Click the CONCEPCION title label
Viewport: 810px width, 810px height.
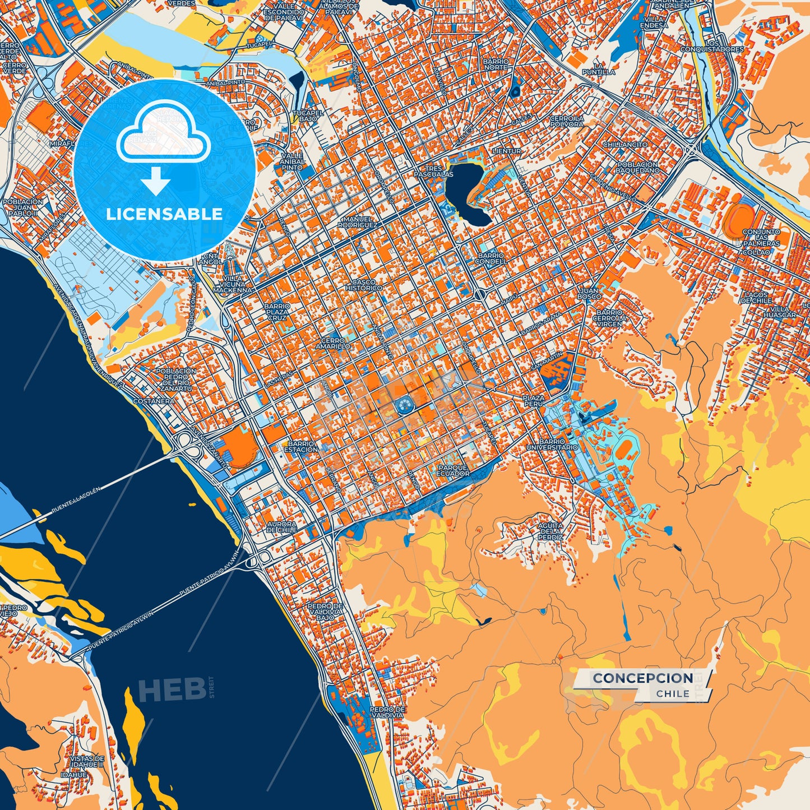[x=642, y=678]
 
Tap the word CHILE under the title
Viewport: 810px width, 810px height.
[x=673, y=693]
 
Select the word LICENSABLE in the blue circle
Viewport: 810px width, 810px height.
[x=165, y=214]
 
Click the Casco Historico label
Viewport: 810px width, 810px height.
[x=363, y=285]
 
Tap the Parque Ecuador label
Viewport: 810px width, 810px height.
[x=453, y=470]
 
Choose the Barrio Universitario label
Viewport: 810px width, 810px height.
[x=552, y=445]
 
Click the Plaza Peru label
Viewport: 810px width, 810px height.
[x=533, y=400]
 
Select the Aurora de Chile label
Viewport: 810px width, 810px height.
[x=281, y=526]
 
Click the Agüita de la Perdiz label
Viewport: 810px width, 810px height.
[x=550, y=531]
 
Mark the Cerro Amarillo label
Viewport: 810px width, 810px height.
[x=332, y=343]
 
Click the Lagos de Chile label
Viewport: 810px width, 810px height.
[x=757, y=298]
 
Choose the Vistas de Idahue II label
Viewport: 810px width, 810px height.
[x=87, y=761]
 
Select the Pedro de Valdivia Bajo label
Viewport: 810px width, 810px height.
[x=325, y=612]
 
